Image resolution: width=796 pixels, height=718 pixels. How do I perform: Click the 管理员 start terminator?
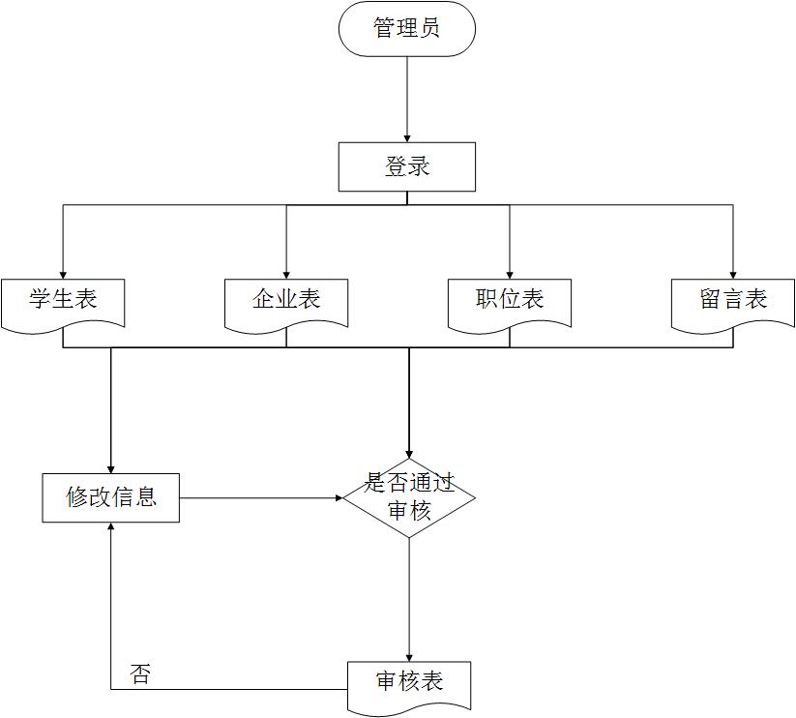pos(406,28)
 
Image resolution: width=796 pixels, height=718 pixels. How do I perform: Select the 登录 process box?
pos(406,166)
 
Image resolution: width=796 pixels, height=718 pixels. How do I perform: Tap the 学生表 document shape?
pos(63,302)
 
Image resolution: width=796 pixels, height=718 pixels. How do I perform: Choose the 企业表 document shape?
pos(286,302)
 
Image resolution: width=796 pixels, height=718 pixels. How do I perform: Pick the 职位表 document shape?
pos(510,302)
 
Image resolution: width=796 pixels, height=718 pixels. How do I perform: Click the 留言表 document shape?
pos(733,302)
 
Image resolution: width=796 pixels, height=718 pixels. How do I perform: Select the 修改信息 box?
pos(110,497)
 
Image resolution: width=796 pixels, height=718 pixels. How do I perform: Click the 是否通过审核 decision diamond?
pos(408,497)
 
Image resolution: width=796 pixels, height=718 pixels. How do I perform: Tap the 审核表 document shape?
pos(409,685)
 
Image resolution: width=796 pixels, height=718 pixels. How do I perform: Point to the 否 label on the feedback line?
pos(140,674)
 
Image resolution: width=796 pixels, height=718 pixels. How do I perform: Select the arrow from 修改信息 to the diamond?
pos(261,498)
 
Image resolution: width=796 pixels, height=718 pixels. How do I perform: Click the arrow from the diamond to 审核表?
pos(409,600)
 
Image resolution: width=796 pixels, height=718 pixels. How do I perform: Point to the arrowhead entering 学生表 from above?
pos(63,273)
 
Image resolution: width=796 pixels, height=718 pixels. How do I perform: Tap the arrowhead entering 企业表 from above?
pos(286,273)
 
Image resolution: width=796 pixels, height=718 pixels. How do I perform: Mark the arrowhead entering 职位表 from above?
pos(510,273)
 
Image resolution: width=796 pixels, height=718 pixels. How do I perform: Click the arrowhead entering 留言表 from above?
pos(733,273)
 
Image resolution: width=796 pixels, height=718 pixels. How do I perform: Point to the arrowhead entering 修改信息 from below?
pos(111,528)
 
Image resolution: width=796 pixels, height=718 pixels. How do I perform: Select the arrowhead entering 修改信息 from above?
pos(111,467)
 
